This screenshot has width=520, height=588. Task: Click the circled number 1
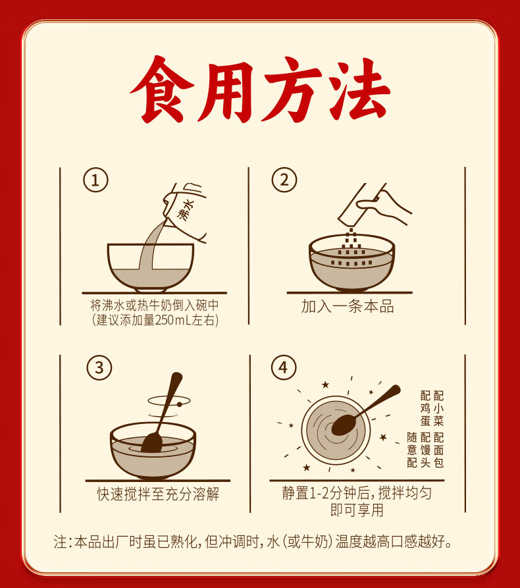pyautogui.click(x=95, y=180)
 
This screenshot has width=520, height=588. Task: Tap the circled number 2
pyautogui.click(x=284, y=180)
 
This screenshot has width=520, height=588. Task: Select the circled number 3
pyautogui.click(x=99, y=367)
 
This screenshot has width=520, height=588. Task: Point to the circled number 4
pyautogui.click(x=284, y=367)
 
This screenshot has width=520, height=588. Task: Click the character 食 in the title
pyautogui.click(x=162, y=90)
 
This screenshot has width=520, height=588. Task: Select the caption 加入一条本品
pyautogui.click(x=348, y=306)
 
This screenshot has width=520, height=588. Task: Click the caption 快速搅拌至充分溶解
pyautogui.click(x=158, y=494)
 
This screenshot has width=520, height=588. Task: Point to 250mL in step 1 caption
pyautogui.click(x=173, y=320)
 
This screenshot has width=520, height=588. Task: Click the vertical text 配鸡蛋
pyautogui.click(x=425, y=408)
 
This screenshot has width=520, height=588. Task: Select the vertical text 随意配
pyautogui.click(x=412, y=450)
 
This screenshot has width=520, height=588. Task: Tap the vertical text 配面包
pyautogui.click(x=438, y=450)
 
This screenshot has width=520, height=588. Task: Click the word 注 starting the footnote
pyautogui.click(x=61, y=541)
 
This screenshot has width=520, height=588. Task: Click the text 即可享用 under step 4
pyautogui.click(x=357, y=510)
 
